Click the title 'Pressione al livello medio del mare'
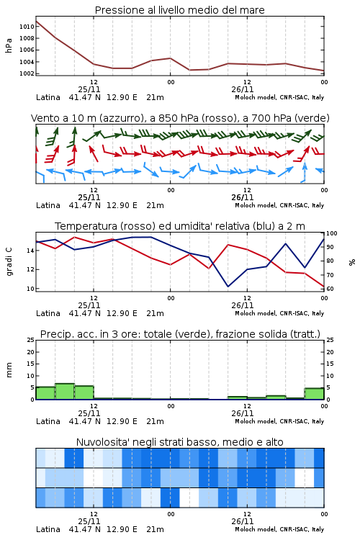[179, 10]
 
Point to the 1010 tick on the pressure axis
[27, 27]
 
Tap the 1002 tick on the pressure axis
[27, 73]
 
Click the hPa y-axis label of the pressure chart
[9, 45]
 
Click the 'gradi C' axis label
[9, 261]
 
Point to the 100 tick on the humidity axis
[332, 233]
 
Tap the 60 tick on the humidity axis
[330, 289]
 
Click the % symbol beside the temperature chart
[352, 262]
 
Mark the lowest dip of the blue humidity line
[228, 286]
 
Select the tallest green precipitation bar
[65, 392]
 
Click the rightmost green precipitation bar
[314, 394]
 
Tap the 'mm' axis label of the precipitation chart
[9, 369]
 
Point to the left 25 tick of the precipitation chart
[31, 340]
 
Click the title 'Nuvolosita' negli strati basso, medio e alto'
[179, 442]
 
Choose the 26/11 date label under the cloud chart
[243, 521]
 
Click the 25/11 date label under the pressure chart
[89, 89]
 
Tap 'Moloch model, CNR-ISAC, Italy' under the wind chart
[279, 205]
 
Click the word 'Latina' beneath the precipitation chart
[48, 421]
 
